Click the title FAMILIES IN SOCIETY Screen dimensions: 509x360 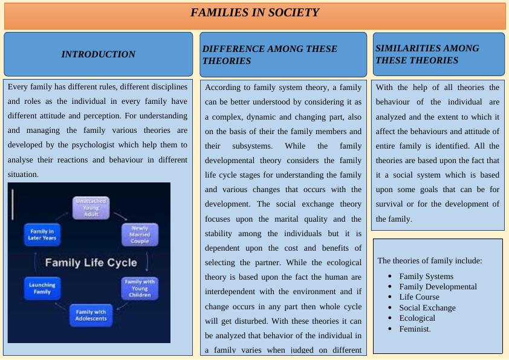coord(254,13)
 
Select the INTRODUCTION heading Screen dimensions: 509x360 coord(98,54)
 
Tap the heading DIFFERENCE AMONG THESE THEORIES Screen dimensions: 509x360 coord(270,55)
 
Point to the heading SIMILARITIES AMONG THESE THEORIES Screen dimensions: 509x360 coord(427,54)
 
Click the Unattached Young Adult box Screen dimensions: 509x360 coord(91,208)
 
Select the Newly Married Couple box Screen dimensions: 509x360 coord(140,235)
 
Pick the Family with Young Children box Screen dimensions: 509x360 coord(140,288)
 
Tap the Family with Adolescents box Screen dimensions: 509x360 coord(91,315)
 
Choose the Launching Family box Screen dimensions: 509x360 coord(42,288)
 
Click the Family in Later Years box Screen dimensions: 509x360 coord(43,234)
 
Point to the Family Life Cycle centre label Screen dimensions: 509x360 coord(91,263)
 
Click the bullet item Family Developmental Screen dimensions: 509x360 coord(438,287)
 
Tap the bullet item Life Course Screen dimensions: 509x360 coord(419,297)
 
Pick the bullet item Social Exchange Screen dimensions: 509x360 coord(427,308)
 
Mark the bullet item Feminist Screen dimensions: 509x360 coord(415,329)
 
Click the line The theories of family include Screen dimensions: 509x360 coord(430,261)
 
